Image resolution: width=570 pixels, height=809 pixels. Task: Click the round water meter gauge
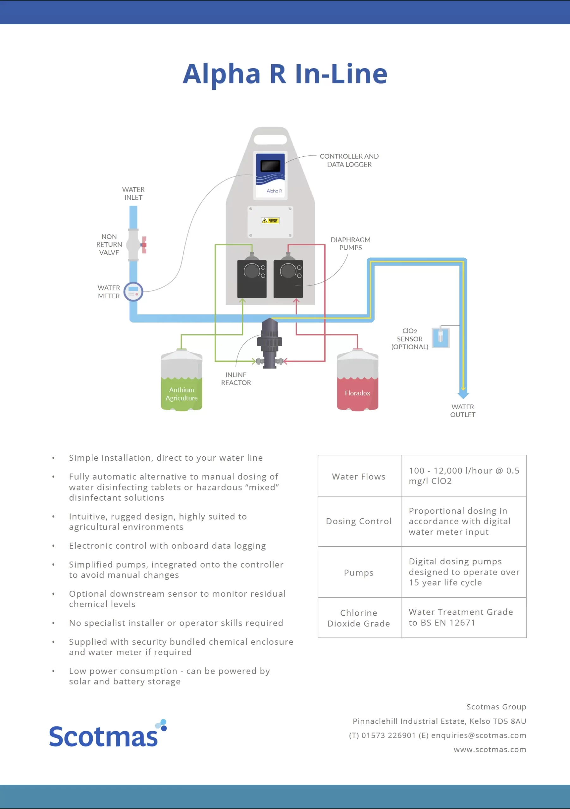point(133,291)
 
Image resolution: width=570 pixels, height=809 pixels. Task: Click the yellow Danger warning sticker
point(270,221)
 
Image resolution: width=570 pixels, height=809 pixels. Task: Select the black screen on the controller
point(270,166)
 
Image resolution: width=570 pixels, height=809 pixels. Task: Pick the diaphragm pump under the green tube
point(252,279)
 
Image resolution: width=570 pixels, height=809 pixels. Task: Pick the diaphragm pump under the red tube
point(288,279)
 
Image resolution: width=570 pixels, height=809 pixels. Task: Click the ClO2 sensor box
point(441,337)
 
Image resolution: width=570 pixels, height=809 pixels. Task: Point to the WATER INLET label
point(133,193)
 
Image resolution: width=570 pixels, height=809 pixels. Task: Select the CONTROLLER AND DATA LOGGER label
point(349,160)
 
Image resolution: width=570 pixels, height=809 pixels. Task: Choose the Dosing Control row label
point(359,521)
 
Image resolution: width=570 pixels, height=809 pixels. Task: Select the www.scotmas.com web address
point(490,750)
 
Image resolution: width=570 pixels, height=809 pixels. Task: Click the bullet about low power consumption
point(169,676)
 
